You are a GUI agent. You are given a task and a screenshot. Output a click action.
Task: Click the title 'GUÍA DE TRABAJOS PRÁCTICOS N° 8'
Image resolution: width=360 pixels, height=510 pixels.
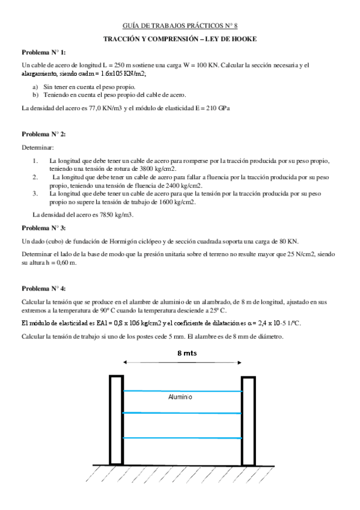(180, 26)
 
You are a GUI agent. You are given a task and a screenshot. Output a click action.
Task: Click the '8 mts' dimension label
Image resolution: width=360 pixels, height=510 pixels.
(186, 353)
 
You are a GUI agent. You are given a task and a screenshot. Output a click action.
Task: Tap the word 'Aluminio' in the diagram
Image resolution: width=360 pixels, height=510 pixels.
(180, 398)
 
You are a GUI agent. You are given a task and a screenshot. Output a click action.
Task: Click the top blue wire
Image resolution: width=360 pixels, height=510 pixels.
(183, 391)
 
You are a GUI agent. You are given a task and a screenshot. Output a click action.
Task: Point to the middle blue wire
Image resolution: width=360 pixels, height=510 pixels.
(183, 413)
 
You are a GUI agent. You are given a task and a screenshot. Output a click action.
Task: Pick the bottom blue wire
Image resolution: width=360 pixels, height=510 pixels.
(183, 438)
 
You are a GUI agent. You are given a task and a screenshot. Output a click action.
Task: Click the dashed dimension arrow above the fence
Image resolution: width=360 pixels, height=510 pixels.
(183, 363)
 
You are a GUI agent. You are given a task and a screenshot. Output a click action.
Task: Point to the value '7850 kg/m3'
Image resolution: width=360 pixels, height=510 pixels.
(115, 215)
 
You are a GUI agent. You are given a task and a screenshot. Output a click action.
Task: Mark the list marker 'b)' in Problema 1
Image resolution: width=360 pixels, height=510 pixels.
(35, 95)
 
